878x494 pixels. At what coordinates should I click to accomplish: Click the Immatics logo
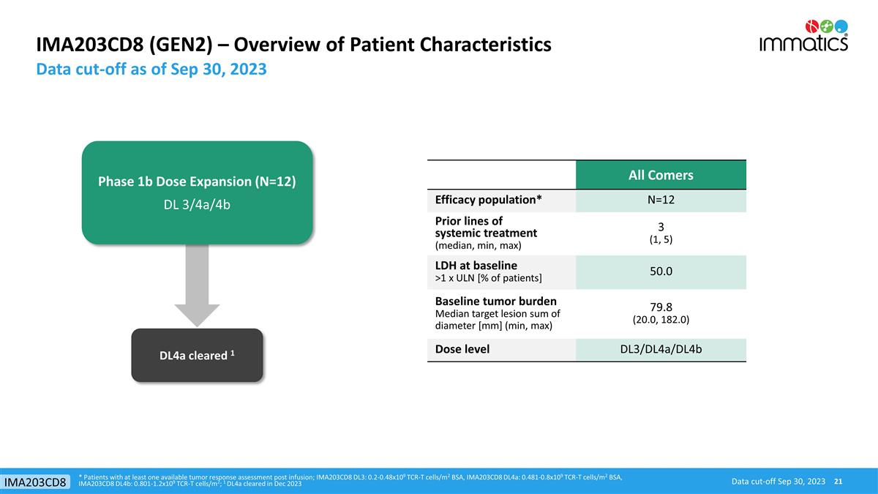(803, 35)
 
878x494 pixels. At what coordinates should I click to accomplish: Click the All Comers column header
(661, 175)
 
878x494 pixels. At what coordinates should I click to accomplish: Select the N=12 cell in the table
(661, 200)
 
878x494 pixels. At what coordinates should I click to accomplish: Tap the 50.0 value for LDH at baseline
(661, 271)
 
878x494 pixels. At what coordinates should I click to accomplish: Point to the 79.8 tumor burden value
(661, 307)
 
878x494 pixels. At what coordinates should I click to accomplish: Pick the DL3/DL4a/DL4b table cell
(661, 349)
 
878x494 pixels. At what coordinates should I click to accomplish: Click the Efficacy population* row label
(488, 200)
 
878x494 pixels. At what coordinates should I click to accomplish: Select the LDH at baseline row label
(477, 265)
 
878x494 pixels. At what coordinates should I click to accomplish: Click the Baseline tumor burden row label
(495, 301)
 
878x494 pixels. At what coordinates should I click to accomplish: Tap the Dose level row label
(462, 349)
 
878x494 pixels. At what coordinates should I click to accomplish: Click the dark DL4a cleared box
(197, 355)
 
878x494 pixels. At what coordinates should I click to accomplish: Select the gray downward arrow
(197, 285)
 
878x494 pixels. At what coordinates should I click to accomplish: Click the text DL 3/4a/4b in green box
(197, 204)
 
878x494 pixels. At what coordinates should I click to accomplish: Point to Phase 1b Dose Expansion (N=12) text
(197, 181)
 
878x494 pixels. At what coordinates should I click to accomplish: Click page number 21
(838, 481)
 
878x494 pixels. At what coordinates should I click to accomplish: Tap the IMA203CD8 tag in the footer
(36, 482)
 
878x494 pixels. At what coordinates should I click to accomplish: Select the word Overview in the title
(284, 45)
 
